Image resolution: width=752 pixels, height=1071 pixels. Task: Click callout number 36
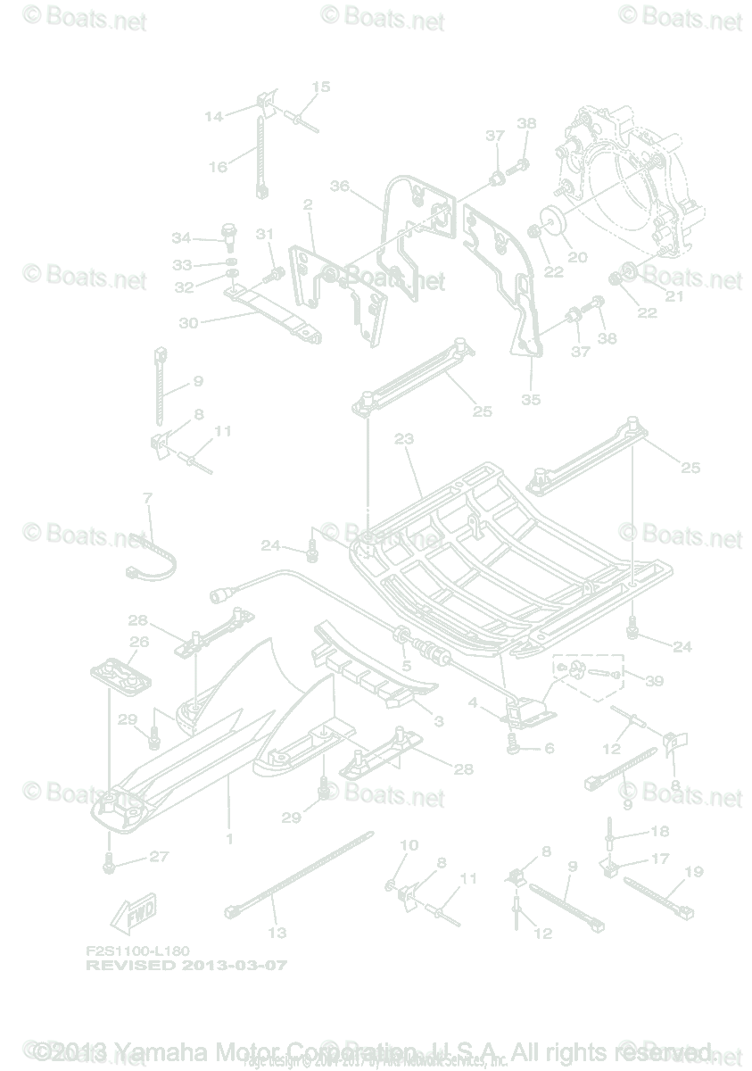(x=339, y=187)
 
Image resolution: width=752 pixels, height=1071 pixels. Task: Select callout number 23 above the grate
(x=404, y=439)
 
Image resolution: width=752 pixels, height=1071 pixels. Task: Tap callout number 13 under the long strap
(x=277, y=933)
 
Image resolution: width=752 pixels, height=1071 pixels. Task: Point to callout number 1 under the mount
(x=229, y=839)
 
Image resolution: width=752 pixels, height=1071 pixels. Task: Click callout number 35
(x=531, y=399)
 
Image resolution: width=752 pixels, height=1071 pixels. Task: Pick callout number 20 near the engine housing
(x=578, y=257)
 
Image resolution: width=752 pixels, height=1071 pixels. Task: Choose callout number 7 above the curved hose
(x=147, y=497)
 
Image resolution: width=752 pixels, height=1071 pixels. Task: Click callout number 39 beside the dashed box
(x=655, y=681)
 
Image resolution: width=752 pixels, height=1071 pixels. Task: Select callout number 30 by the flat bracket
(x=188, y=323)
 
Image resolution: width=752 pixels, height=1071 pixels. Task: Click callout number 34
(x=181, y=237)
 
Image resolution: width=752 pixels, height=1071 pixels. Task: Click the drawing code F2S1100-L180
(x=137, y=952)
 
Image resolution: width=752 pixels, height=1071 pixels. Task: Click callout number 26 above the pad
(x=138, y=641)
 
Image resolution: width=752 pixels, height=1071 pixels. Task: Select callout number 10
(x=409, y=844)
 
